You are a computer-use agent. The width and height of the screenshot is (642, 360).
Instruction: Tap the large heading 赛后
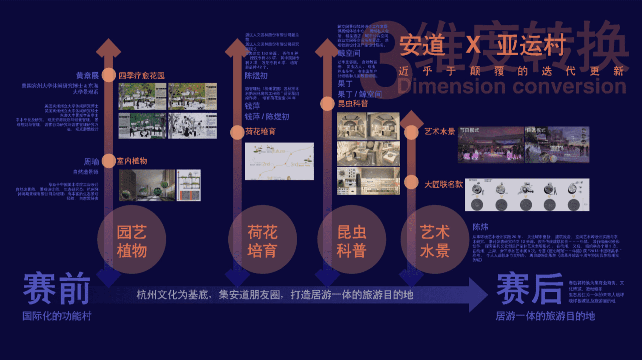tap(530, 288)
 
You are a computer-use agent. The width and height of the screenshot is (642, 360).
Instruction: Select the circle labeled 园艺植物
tap(132, 240)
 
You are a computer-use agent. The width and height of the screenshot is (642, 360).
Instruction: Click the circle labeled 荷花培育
tap(262, 240)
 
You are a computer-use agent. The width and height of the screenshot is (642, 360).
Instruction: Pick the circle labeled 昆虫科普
tap(351, 240)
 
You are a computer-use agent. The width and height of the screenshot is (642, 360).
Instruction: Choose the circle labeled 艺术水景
tap(435, 240)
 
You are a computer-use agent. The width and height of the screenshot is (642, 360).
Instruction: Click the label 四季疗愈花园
tap(142, 76)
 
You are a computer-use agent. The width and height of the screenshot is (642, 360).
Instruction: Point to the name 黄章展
tap(87, 76)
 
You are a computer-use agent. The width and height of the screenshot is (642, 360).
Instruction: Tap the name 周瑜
tap(91, 162)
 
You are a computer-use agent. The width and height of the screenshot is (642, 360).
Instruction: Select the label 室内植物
tap(132, 161)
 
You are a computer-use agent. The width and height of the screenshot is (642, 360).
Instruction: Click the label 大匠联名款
tap(443, 184)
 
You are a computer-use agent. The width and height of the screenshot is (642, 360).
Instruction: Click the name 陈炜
tap(480, 227)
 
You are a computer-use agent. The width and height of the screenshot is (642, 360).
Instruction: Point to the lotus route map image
tap(279, 161)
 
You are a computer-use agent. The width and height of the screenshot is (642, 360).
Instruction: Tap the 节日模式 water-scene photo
tap(491, 145)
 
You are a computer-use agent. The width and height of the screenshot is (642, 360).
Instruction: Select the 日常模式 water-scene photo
tap(557, 145)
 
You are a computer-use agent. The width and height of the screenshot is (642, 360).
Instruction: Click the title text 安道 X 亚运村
tap(481, 45)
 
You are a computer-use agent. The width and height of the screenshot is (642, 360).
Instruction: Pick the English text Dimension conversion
tap(512, 86)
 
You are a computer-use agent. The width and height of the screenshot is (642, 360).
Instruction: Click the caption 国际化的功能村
tap(57, 316)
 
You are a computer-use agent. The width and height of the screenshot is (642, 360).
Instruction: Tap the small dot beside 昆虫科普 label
tap(327, 104)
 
